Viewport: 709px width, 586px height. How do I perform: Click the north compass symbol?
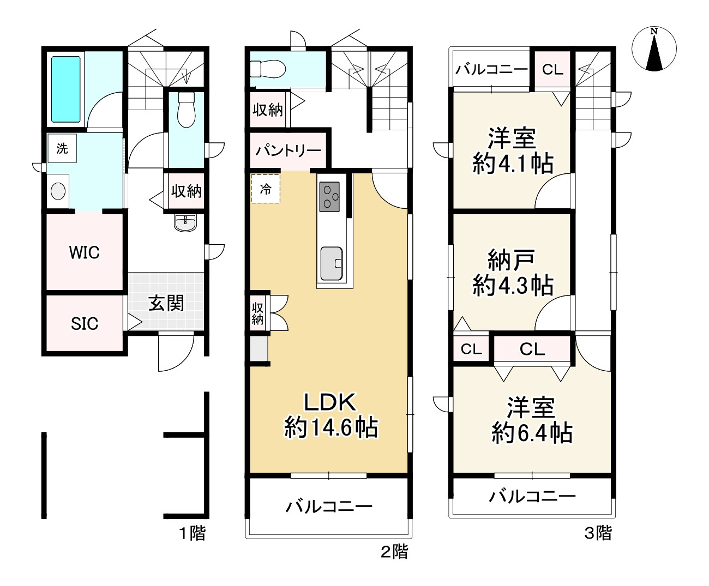[654, 49]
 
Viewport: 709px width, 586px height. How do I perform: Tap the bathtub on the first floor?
[66, 89]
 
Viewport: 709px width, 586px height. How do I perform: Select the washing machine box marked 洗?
[62, 148]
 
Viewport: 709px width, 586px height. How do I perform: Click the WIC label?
[84, 252]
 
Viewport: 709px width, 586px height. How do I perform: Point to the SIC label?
[85, 324]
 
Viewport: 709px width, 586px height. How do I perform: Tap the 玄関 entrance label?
[166, 303]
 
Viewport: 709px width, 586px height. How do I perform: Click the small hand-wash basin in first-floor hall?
[185, 223]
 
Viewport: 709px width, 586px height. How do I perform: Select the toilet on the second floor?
[268, 69]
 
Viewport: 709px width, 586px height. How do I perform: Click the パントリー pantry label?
[288, 150]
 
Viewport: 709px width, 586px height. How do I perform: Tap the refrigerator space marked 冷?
[266, 189]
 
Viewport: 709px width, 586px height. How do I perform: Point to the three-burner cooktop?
[329, 197]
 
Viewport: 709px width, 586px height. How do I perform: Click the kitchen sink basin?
[332, 263]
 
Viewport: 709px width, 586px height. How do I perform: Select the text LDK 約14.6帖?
[331, 414]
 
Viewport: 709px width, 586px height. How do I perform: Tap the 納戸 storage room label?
[512, 259]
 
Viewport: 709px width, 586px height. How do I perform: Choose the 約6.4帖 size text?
[532, 432]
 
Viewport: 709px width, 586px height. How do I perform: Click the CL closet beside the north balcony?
[552, 70]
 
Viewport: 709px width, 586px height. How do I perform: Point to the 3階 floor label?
[598, 533]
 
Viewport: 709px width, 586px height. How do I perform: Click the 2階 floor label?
[394, 551]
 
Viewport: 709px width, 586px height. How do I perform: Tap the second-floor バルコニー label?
[329, 506]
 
